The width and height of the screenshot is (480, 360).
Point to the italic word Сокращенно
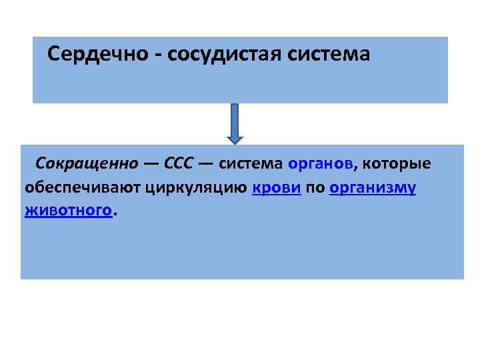click(x=87, y=163)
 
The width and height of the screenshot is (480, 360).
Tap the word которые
click(x=397, y=163)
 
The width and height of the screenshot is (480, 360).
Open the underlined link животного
click(x=67, y=211)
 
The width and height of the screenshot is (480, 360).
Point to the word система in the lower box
click(x=251, y=163)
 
